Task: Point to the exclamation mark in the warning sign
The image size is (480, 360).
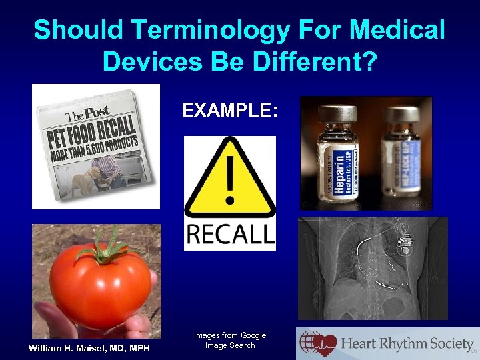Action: point(229,174)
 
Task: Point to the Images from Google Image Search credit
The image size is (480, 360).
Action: point(230,340)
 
